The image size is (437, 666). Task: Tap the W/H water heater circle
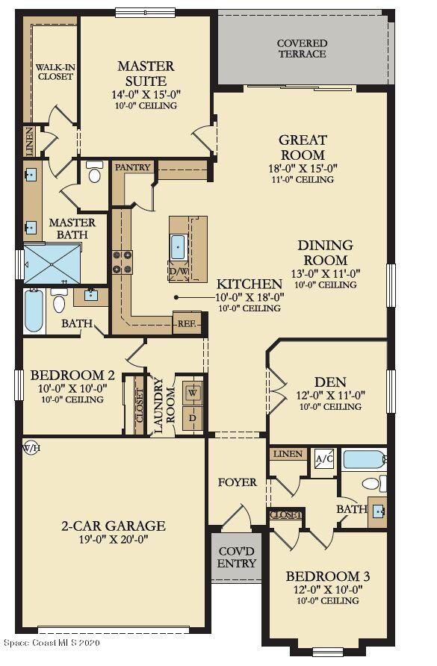click(x=31, y=448)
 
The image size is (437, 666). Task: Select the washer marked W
click(x=192, y=392)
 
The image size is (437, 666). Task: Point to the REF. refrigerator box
click(x=186, y=324)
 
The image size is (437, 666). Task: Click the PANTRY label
click(x=132, y=167)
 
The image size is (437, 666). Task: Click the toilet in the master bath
click(x=94, y=173)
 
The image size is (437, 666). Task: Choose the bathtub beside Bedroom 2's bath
click(x=34, y=311)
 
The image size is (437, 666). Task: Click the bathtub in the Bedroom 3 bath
click(x=365, y=460)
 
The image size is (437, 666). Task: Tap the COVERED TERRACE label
click(x=302, y=49)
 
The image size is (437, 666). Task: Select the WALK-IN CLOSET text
click(x=55, y=72)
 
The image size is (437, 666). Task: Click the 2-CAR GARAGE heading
click(x=114, y=526)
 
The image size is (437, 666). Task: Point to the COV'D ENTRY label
click(x=236, y=558)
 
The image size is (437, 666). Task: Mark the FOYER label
click(x=238, y=482)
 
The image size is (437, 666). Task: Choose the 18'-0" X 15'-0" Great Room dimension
click(x=303, y=169)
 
